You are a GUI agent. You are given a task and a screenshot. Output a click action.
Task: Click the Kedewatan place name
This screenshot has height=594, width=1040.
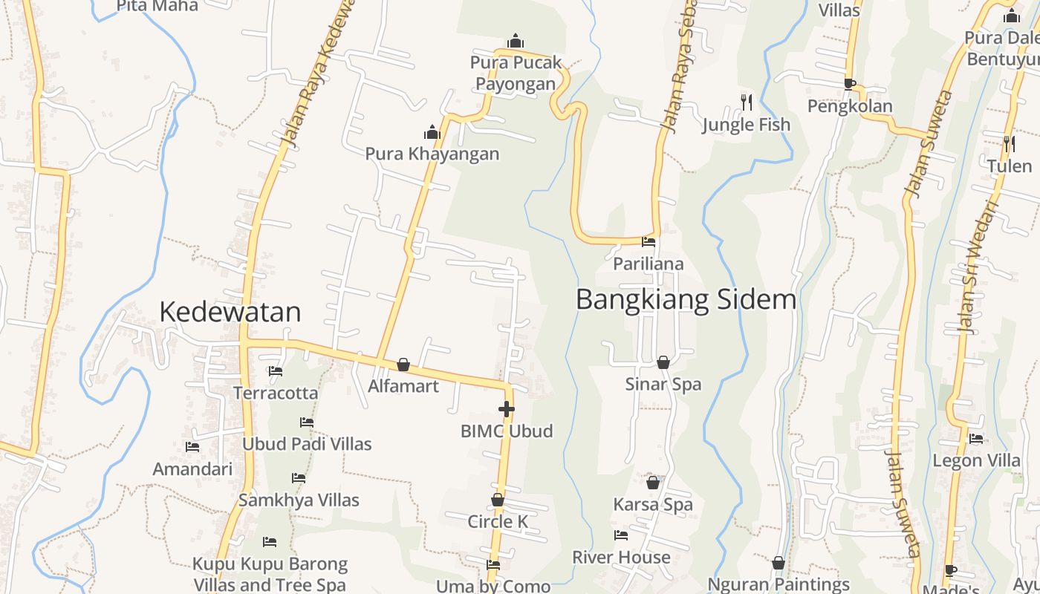pyautogui.click(x=230, y=312)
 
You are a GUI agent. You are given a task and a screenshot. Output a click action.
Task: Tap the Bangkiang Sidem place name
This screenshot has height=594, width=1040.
pyautogui.click(x=686, y=300)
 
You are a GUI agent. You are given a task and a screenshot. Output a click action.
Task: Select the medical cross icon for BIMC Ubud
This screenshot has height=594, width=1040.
pyautogui.click(x=506, y=409)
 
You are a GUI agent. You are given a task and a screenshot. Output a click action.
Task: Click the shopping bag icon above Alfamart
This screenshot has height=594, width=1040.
pyautogui.click(x=403, y=365)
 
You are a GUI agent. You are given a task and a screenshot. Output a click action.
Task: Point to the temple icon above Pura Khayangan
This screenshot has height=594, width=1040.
pyautogui.click(x=432, y=133)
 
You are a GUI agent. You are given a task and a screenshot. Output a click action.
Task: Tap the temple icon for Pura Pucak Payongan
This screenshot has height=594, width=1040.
pyautogui.click(x=515, y=41)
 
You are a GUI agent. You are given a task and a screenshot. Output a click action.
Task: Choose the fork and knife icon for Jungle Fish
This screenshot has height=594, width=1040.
pyautogui.click(x=747, y=102)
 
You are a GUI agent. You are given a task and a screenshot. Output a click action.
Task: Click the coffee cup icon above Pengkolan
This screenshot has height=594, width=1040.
pyautogui.click(x=850, y=84)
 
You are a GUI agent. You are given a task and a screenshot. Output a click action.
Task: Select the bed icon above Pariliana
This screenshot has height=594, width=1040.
pyautogui.click(x=649, y=241)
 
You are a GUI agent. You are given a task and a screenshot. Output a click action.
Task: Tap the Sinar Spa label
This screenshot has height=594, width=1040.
pyautogui.click(x=663, y=385)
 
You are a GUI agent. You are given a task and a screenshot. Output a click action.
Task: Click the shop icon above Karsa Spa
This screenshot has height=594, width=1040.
pyautogui.click(x=653, y=483)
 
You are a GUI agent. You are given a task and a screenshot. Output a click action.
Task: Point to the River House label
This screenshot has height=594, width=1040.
pyautogui.click(x=621, y=557)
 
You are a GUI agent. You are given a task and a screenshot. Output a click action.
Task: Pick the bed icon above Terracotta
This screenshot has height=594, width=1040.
pyautogui.click(x=276, y=371)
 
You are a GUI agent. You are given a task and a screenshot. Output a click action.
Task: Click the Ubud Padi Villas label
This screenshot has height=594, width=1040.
pyautogui.click(x=307, y=444)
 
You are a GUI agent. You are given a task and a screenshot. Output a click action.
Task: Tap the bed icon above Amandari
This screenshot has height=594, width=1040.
pyautogui.click(x=192, y=447)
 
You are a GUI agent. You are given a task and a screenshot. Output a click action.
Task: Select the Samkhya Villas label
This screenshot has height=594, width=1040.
pyautogui.click(x=299, y=500)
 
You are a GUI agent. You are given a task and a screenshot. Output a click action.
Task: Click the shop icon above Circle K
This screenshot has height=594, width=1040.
pyautogui.click(x=498, y=500)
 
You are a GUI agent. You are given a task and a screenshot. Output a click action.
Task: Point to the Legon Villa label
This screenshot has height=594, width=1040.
pyautogui.click(x=976, y=460)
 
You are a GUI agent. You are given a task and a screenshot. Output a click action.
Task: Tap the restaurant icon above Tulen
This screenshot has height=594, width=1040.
pyautogui.click(x=1009, y=143)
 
